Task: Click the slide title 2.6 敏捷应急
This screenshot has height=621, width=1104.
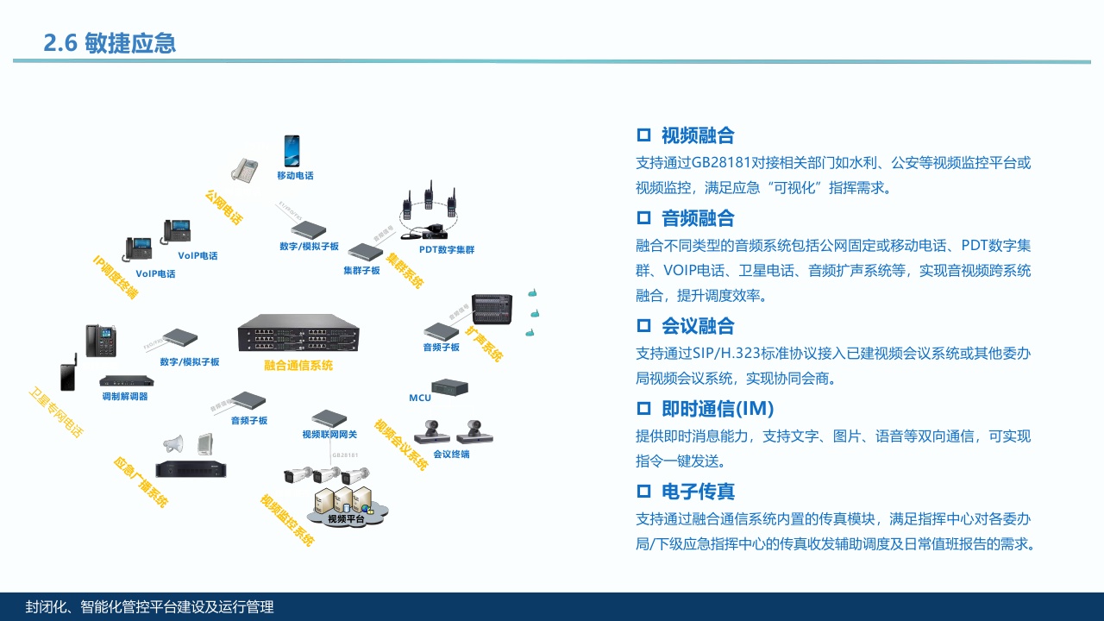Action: click(110, 43)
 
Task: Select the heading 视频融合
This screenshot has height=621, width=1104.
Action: click(698, 135)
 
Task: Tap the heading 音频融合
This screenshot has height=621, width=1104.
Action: click(698, 218)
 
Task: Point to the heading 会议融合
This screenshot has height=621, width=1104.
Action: click(698, 326)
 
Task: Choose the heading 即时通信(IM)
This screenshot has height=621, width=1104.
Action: click(718, 409)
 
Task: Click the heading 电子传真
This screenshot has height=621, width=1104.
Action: click(698, 492)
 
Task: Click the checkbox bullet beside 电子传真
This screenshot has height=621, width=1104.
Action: click(643, 492)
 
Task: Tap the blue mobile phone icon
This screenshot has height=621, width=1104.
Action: click(292, 151)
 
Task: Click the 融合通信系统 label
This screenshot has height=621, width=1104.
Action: click(298, 366)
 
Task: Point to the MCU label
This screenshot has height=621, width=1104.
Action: click(420, 398)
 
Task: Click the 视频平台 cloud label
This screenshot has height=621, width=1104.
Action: click(346, 518)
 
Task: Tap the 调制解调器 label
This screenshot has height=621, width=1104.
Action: click(125, 397)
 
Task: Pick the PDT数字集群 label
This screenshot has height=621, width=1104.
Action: click(447, 250)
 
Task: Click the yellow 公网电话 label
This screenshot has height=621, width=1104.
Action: click(223, 207)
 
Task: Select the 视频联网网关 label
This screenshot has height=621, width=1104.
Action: click(329, 435)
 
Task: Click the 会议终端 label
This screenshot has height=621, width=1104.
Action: click(451, 455)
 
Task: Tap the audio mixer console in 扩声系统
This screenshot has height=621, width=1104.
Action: click(490, 308)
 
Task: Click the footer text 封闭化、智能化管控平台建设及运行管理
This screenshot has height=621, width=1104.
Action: click(150, 607)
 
